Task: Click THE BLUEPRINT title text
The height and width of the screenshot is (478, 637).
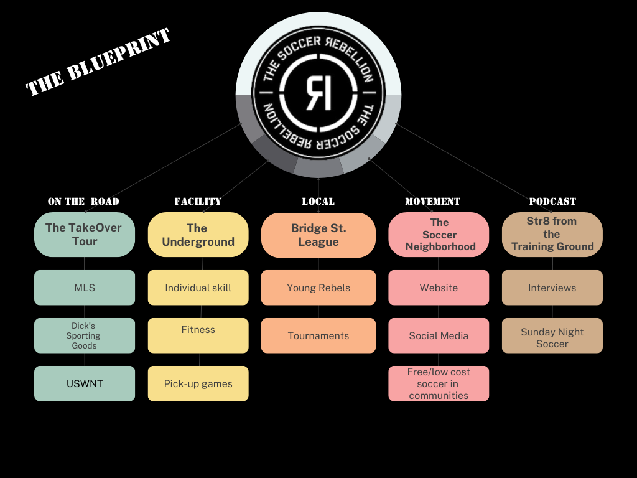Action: point(98,63)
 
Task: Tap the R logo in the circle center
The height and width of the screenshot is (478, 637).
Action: point(318,93)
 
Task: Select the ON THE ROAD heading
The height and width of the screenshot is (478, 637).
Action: point(83,202)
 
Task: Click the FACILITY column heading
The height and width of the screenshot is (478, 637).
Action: point(198,202)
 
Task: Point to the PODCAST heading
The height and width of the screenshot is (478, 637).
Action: point(552,202)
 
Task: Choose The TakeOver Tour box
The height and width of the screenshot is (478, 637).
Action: point(85,235)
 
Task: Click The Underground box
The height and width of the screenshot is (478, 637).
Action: point(198,235)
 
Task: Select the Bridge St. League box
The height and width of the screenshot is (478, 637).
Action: point(318,235)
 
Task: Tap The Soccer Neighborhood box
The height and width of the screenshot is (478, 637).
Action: point(439,235)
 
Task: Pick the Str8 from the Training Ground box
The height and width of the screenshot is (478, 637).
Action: point(552,235)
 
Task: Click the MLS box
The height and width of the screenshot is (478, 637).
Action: point(85,288)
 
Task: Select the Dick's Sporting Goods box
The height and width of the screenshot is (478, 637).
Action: point(85,335)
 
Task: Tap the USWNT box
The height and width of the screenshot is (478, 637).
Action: point(85,383)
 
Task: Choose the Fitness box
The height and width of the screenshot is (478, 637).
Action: point(198,335)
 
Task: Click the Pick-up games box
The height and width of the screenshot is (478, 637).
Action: point(198,383)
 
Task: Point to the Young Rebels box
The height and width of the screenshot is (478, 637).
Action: point(318,288)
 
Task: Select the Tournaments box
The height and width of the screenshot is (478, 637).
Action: point(318,335)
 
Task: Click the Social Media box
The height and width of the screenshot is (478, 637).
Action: point(439,335)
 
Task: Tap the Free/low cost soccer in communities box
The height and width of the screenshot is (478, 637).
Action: point(439,383)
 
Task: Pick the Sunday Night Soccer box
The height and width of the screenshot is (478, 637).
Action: point(552,335)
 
